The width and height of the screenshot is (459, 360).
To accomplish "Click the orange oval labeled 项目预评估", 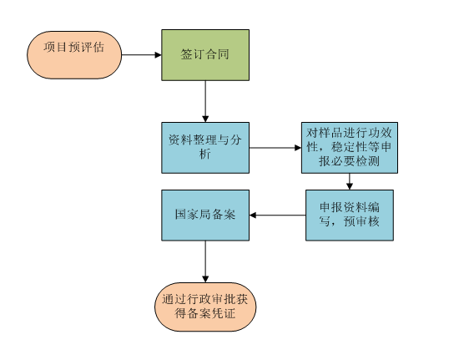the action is [x=74, y=55].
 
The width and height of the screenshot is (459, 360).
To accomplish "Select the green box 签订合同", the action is [x=205, y=55].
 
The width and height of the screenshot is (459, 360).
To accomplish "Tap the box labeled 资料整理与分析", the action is [x=205, y=148].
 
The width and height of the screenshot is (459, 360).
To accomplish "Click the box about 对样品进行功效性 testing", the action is [x=350, y=148].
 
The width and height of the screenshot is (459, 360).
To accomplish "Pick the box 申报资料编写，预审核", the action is [x=350, y=215].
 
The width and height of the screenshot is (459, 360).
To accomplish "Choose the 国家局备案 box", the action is [x=205, y=215].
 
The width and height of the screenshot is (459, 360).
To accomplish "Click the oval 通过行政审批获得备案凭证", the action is [x=205, y=307].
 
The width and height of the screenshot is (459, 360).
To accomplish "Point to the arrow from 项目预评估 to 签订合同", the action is [x=141, y=55].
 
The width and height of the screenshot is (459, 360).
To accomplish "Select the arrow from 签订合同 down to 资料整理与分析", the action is [x=205, y=101].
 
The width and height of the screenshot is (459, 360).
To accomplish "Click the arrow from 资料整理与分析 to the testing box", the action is [x=275, y=148].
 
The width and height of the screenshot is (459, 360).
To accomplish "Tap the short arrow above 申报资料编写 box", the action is [x=349, y=181].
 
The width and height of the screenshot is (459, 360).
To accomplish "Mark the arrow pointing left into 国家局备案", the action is [x=278, y=215].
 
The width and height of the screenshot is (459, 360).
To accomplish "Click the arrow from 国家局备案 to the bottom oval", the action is [x=205, y=261].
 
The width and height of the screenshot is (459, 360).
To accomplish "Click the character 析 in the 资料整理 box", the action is [x=205, y=154].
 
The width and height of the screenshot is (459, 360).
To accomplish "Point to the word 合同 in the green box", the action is [x=217, y=54].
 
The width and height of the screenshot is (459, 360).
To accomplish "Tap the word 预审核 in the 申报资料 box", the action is [x=361, y=221].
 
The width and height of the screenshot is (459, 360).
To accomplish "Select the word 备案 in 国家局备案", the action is [x=224, y=215].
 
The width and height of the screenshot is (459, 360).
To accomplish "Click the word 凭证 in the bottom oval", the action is [x=224, y=313].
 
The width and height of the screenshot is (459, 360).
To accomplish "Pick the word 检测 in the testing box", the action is [x=368, y=161].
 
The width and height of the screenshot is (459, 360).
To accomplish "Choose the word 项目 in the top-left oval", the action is [x=56, y=47].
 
